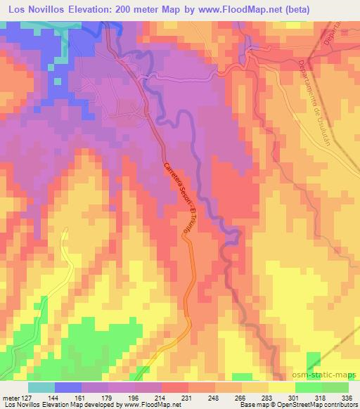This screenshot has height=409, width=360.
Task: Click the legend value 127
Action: coord(27,397)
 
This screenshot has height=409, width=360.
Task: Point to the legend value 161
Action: coord(80,397)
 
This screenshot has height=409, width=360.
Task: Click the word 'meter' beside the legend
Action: coord(10,397)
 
